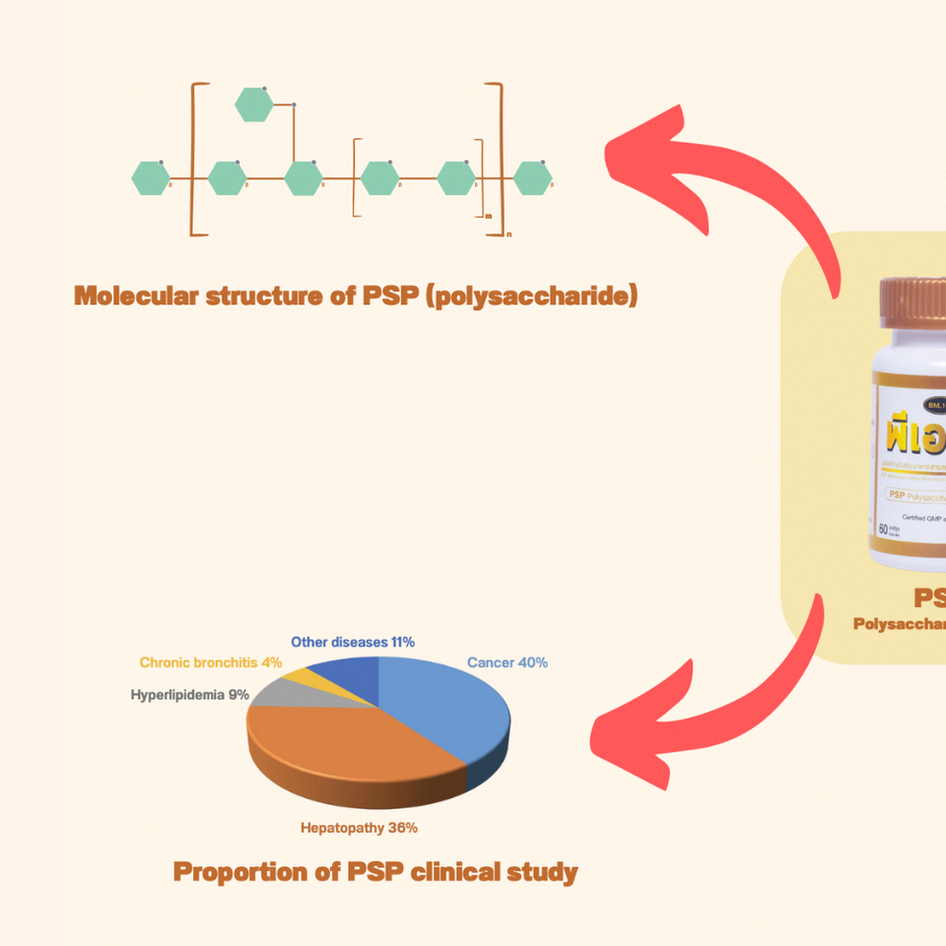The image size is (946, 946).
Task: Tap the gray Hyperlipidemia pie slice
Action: click(x=275, y=691)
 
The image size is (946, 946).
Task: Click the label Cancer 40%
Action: click(x=507, y=662)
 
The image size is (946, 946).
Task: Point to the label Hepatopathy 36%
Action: click(x=359, y=828)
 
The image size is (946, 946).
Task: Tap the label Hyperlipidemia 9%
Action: click(x=189, y=695)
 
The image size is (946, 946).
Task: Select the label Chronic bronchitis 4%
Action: click(x=211, y=663)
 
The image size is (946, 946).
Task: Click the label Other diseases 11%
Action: click(x=353, y=642)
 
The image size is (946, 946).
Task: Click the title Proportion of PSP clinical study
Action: click(x=375, y=872)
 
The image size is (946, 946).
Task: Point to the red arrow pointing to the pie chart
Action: click(x=709, y=709)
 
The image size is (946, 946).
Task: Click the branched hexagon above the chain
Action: click(x=254, y=104)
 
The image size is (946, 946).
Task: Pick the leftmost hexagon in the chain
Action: click(x=151, y=178)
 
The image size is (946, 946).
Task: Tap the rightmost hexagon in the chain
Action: click(x=533, y=178)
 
